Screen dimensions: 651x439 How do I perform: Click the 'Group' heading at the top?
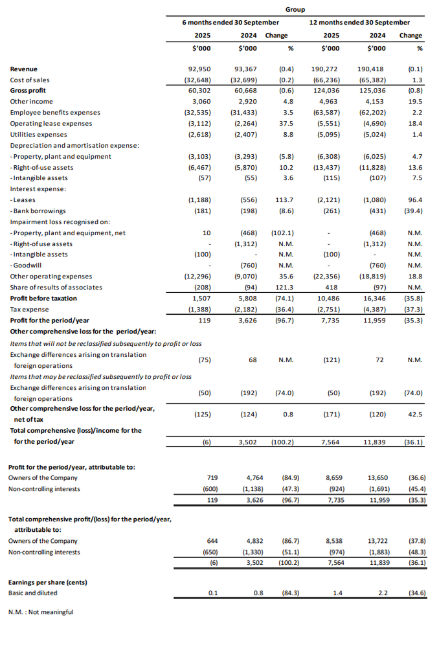(295, 10)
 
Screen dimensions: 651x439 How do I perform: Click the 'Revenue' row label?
(24, 69)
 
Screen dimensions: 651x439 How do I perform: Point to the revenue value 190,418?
(373, 69)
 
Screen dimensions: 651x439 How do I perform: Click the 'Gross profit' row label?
(28, 91)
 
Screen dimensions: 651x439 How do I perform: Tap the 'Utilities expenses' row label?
(39, 134)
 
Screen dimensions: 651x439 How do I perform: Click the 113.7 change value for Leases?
(284, 200)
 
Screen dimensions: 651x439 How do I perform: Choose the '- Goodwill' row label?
(27, 266)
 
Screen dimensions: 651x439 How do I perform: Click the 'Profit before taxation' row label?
(43, 298)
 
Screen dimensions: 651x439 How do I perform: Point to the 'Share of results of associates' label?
(56, 287)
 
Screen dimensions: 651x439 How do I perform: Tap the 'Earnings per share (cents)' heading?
(47, 582)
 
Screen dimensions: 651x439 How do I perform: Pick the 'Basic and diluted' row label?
(32, 593)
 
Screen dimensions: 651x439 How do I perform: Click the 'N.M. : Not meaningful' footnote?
(41, 612)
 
